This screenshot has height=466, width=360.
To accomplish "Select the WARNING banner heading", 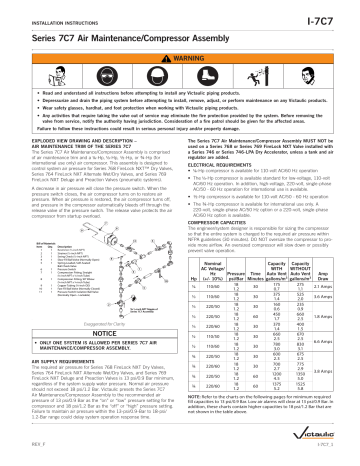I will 181,53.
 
